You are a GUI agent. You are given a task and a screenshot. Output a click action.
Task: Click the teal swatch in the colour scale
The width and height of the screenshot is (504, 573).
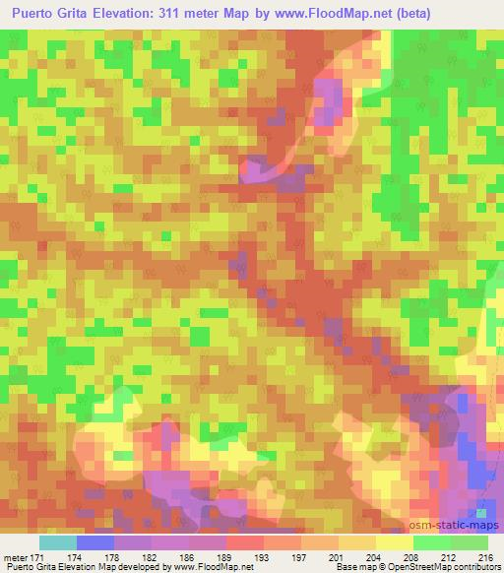57,543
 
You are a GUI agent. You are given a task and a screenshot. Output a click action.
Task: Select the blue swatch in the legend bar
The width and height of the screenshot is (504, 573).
94,543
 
